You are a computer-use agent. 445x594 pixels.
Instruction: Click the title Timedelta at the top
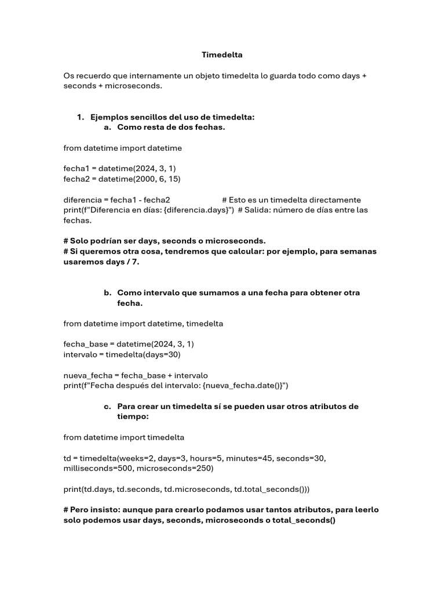click(x=222, y=55)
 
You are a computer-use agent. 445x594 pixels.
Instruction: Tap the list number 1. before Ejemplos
click(x=81, y=117)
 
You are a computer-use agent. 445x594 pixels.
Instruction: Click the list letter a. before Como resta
click(x=108, y=127)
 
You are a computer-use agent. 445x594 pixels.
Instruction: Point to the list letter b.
click(x=108, y=293)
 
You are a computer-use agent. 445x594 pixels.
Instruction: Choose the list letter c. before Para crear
click(x=108, y=407)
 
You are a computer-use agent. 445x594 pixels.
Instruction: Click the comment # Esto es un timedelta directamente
click(x=291, y=200)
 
